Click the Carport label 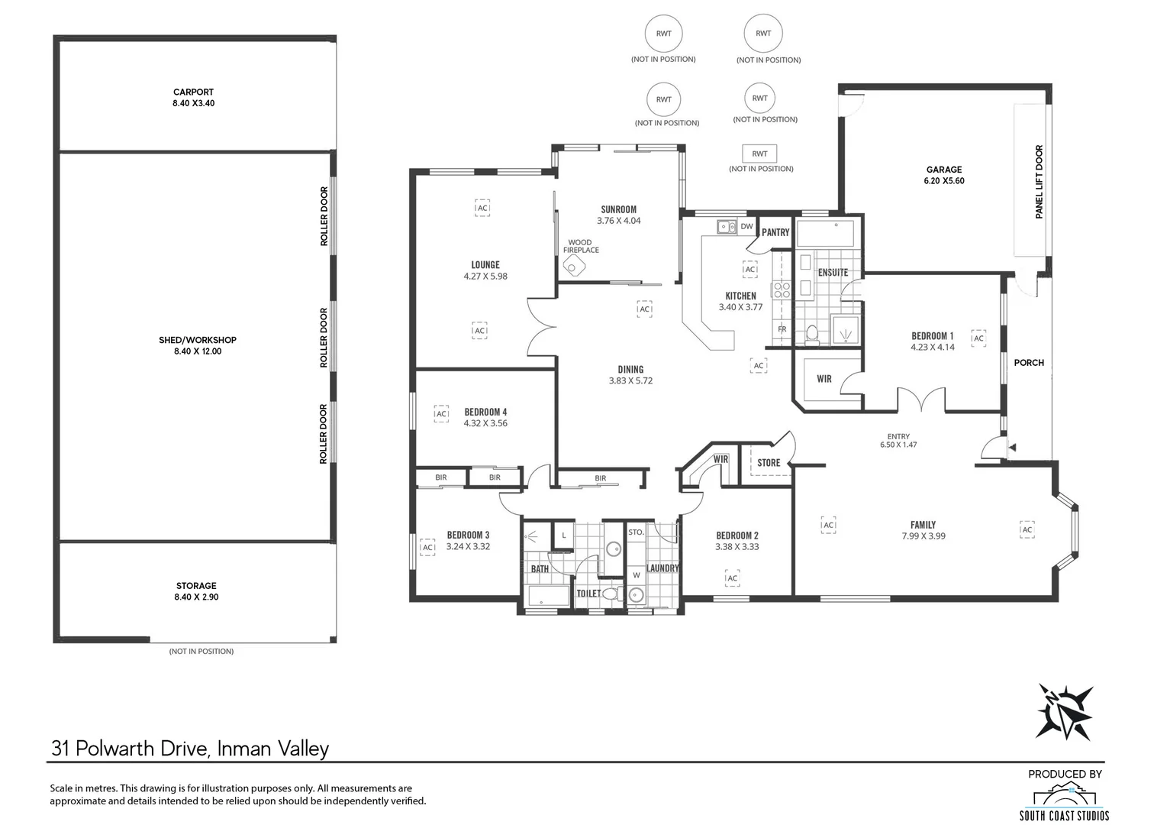(x=193, y=92)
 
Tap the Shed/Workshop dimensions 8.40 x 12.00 (x=198, y=351)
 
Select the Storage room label (x=196, y=586)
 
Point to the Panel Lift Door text (x=1039, y=183)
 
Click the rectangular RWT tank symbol (x=759, y=154)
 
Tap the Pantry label (x=775, y=232)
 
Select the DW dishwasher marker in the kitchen (x=746, y=226)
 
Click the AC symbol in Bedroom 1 (x=978, y=338)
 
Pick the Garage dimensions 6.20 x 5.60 (x=944, y=181)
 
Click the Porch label (x=1028, y=363)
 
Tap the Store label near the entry (x=769, y=463)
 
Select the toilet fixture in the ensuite (x=812, y=333)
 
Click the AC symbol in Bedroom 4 (x=441, y=414)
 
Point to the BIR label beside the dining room (x=600, y=479)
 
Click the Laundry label (x=662, y=568)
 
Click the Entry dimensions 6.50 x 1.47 (x=898, y=444)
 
